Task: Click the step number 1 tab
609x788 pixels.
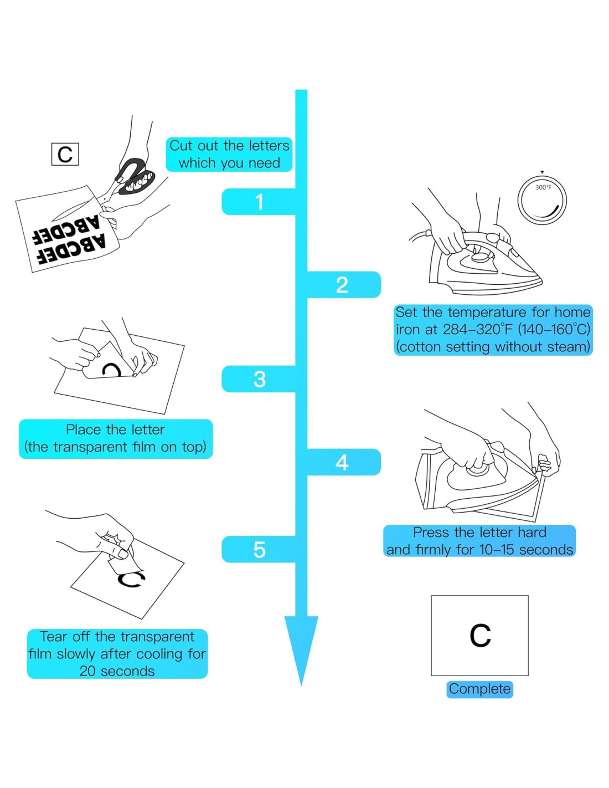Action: tap(259, 202)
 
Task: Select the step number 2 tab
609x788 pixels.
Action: tap(342, 285)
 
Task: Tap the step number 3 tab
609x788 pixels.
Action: tap(259, 379)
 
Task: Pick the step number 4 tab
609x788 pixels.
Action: tap(342, 462)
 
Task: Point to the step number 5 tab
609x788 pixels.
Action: tap(259, 549)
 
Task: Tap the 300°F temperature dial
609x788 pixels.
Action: tap(542, 200)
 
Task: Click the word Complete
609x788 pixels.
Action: tap(479, 689)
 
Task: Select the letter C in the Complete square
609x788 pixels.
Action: tap(480, 636)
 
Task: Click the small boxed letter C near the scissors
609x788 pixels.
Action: tap(65, 154)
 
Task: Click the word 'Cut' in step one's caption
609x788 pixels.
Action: tap(180, 146)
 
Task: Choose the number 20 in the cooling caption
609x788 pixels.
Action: tap(87, 671)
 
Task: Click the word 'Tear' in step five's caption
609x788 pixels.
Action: tap(53, 636)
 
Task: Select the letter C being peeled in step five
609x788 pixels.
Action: tap(131, 580)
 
